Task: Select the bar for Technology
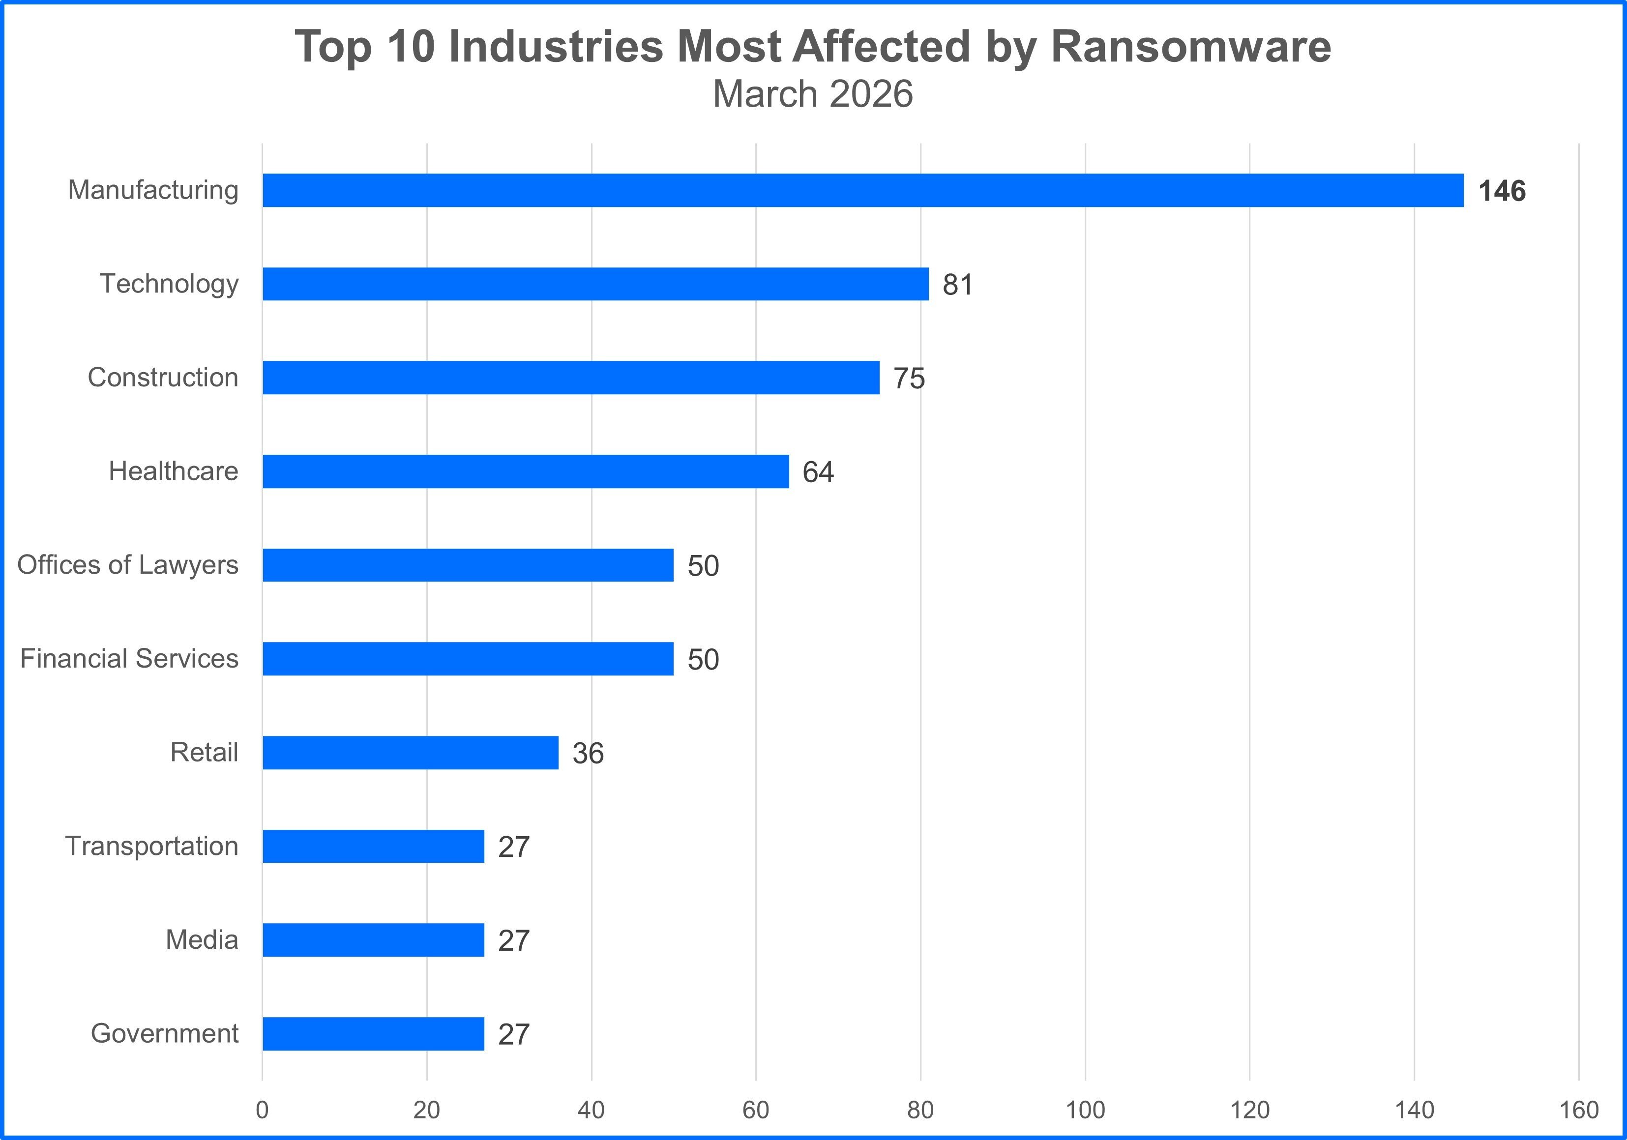pyautogui.click(x=595, y=284)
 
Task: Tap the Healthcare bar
pyautogui.click(x=525, y=471)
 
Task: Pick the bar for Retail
pyautogui.click(x=410, y=753)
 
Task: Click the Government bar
pyautogui.click(x=374, y=1034)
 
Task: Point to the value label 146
pyautogui.click(x=1502, y=191)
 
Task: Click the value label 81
pyautogui.click(x=957, y=285)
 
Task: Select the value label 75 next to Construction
pyautogui.click(x=909, y=379)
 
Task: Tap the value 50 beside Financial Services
pyautogui.click(x=703, y=660)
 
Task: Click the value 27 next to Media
pyautogui.click(x=514, y=941)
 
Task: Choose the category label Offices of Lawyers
pyautogui.click(x=127, y=565)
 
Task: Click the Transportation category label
pyautogui.click(x=151, y=846)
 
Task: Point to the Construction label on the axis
pyautogui.click(x=163, y=378)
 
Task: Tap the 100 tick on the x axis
pyautogui.click(x=1085, y=1110)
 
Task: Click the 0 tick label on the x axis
pyautogui.click(x=262, y=1110)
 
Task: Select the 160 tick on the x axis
pyautogui.click(x=1579, y=1110)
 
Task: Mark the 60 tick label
pyautogui.click(x=755, y=1110)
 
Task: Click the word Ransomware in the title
pyautogui.click(x=1190, y=47)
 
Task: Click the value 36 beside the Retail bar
pyautogui.click(x=588, y=753)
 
